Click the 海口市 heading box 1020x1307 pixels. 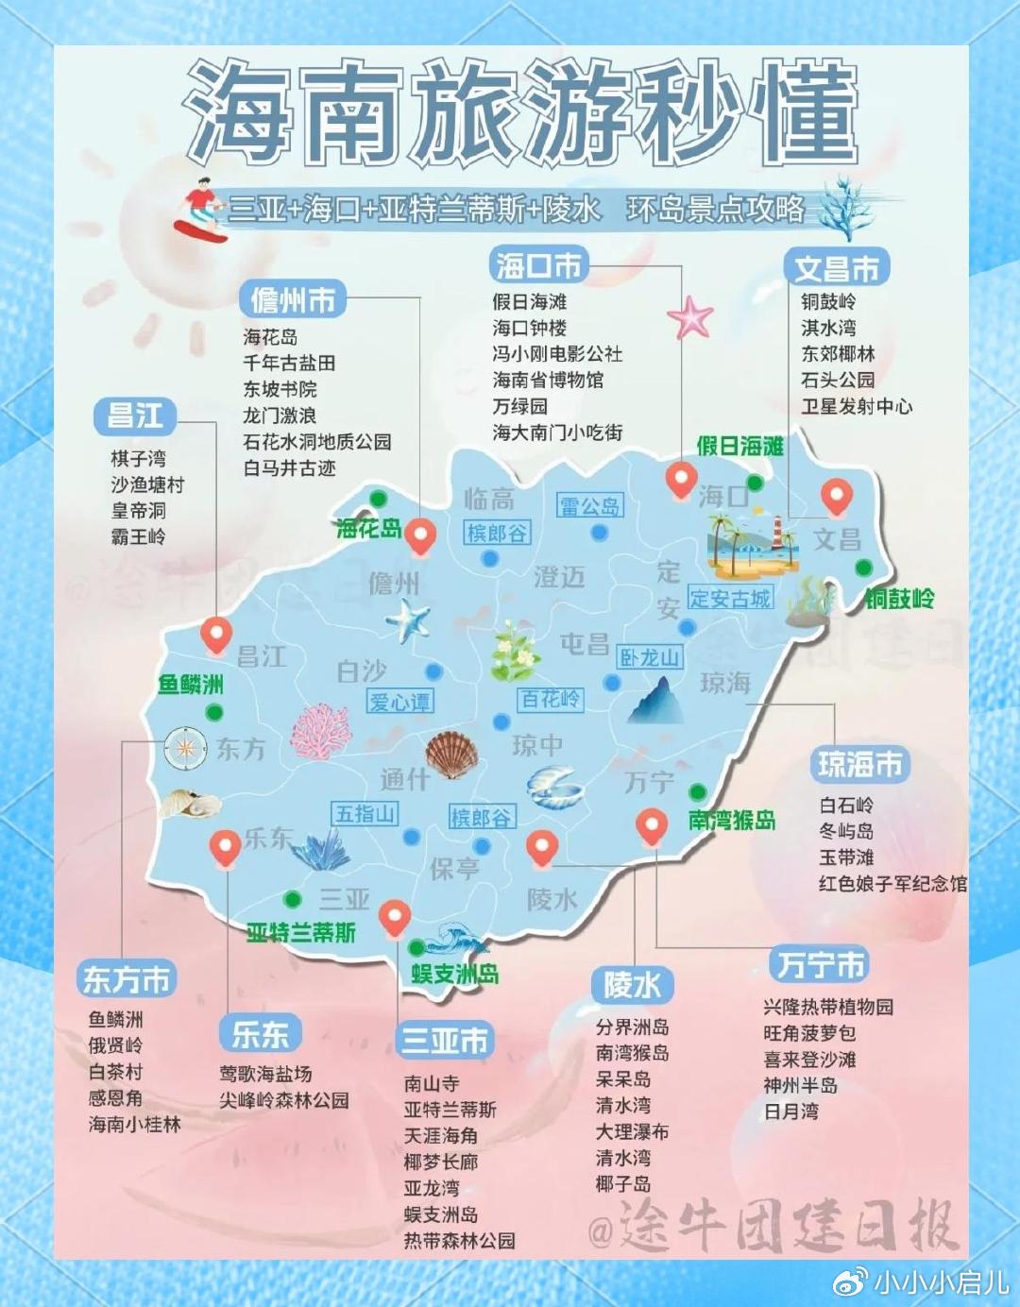pyautogui.click(x=539, y=265)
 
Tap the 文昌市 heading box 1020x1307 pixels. pyautogui.click(x=837, y=268)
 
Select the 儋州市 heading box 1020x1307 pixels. pyautogui.click(x=293, y=300)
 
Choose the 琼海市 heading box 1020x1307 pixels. pyautogui.click(x=859, y=764)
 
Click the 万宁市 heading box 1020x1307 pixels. pyautogui.click(x=820, y=964)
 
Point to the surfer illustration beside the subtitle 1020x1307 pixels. pyautogui.click(x=200, y=211)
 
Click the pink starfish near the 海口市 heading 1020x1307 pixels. pyautogui.click(x=690, y=317)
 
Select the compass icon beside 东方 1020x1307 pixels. pyautogui.click(x=185, y=748)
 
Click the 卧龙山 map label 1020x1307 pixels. pyautogui.click(x=650, y=657)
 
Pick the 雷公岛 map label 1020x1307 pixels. pyautogui.click(x=589, y=506)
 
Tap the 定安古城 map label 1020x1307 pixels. pyautogui.click(x=729, y=598)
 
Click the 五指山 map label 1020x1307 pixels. pyautogui.click(x=365, y=813)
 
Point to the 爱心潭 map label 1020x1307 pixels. pyautogui.click(x=400, y=702)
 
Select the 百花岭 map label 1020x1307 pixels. pyautogui.click(x=551, y=699)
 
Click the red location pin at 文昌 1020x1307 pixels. pyautogui.click(x=836, y=495)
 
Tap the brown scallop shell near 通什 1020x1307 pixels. pyautogui.click(x=450, y=755)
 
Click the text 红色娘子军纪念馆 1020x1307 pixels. pyautogui.click(x=892, y=884)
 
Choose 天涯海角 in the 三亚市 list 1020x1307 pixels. pyautogui.click(x=441, y=1135)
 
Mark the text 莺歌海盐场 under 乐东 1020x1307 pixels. pyautogui.click(x=265, y=1074)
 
